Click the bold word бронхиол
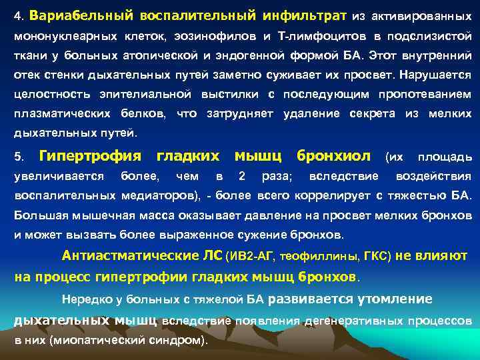coord(333,156)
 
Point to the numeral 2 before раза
coord(242,177)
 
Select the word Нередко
coord(83,299)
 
